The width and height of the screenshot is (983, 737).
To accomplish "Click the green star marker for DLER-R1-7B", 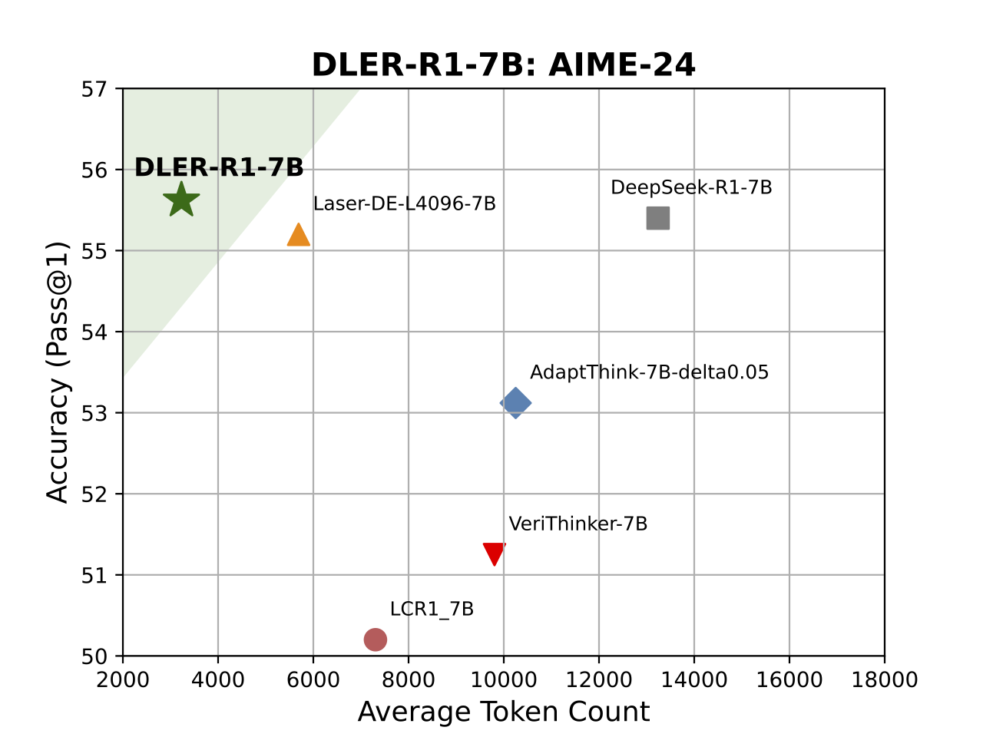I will [181, 200].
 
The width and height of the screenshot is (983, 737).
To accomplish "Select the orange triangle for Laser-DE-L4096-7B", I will [298, 236].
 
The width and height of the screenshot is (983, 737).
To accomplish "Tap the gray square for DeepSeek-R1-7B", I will [657, 218].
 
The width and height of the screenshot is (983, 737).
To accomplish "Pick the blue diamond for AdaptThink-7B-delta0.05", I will [515, 402].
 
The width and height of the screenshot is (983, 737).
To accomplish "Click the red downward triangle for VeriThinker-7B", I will [495, 553].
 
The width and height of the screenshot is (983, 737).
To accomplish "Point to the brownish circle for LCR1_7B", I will [375, 639].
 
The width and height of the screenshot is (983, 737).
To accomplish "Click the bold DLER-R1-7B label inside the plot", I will [219, 167].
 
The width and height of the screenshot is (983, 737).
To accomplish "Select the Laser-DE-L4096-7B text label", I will [404, 203].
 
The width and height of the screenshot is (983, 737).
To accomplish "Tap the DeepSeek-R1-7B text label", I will [691, 187].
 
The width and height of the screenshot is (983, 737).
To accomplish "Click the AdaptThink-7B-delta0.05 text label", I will [649, 372].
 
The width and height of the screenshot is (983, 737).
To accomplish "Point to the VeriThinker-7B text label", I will [578, 524].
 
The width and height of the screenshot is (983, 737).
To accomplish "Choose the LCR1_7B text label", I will [432, 609].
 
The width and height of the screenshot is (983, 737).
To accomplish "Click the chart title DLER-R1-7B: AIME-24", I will [503, 65].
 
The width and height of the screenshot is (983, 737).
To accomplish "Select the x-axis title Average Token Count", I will [503, 712].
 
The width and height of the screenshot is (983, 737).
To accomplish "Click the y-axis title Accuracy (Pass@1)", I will [58, 372].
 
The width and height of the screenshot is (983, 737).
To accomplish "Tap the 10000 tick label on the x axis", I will [503, 680].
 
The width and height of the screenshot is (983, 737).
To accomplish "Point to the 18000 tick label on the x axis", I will [884, 680].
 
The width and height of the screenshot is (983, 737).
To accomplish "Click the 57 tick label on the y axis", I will [94, 89].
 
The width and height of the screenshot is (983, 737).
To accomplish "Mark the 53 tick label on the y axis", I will [94, 413].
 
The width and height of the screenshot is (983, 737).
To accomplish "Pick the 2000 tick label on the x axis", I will [123, 680].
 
